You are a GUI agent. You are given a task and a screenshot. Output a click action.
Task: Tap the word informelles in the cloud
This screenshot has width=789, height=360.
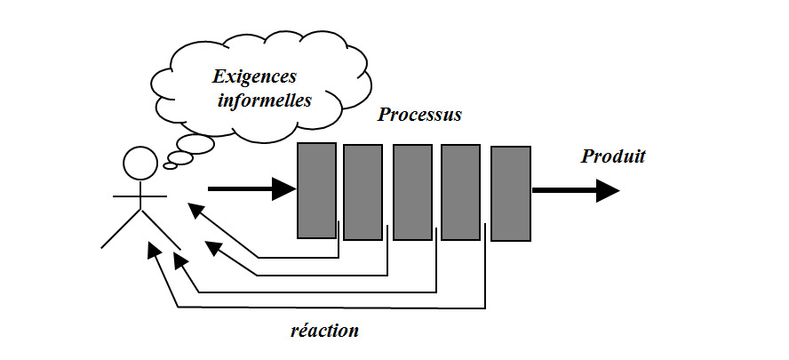click(265, 100)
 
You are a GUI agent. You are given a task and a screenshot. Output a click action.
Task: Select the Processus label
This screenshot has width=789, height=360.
click(419, 116)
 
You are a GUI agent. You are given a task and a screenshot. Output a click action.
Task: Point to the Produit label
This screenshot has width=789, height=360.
click(613, 157)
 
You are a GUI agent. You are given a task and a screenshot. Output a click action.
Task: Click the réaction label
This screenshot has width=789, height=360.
click(325, 331)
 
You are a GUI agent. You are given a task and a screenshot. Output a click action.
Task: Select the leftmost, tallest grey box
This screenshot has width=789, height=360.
click(316, 190)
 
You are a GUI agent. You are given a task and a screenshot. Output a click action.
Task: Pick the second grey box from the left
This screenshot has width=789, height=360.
click(363, 193)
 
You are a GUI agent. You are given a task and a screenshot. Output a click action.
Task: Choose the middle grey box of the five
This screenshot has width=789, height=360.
click(412, 193)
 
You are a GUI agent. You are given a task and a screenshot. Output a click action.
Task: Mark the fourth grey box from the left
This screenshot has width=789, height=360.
click(460, 193)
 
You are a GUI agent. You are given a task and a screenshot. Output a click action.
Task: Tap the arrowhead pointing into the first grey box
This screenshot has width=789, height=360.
click(284, 188)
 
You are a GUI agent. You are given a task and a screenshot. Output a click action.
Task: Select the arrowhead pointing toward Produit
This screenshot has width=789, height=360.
click(608, 190)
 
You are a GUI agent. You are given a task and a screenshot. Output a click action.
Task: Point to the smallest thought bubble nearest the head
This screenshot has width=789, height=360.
click(170, 165)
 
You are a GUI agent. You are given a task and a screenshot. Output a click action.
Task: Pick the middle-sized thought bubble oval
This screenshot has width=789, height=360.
click(180, 157)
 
